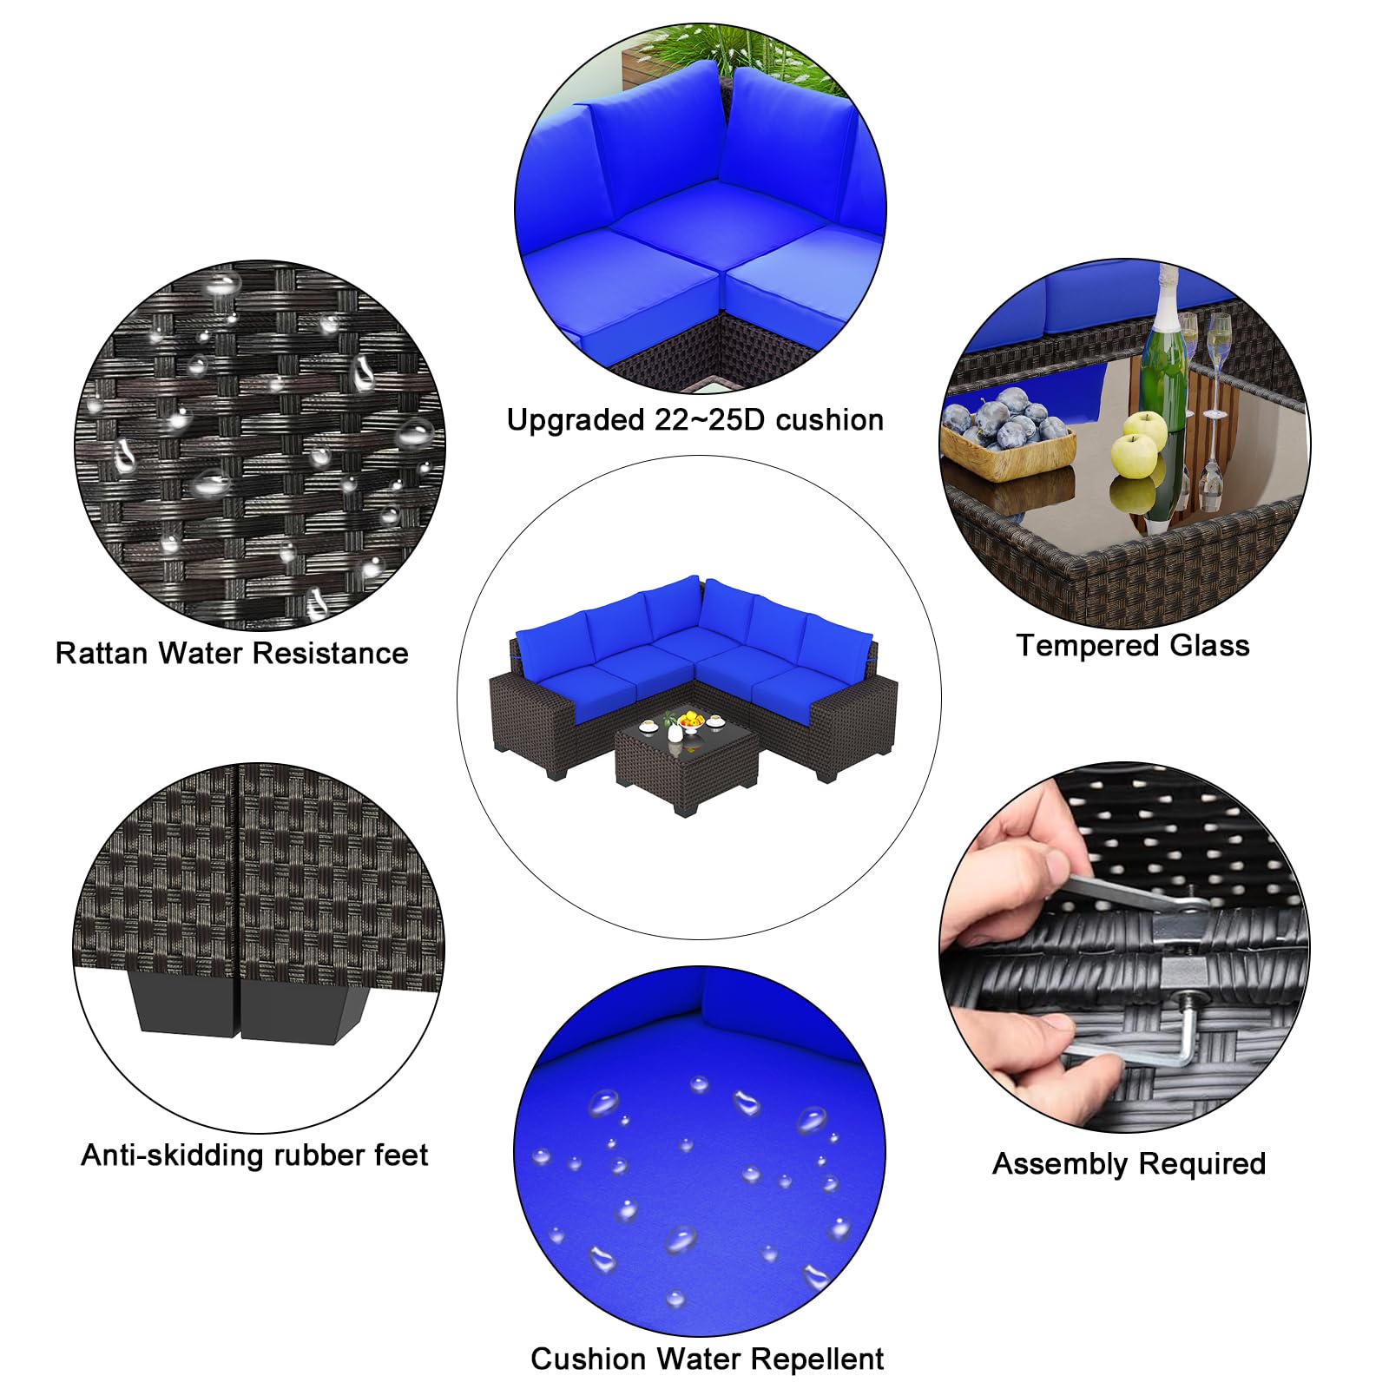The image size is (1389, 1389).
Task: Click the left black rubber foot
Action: (183, 1004)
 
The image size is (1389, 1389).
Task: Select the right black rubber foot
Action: (300, 1005)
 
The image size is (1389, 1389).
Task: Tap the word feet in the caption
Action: (401, 1155)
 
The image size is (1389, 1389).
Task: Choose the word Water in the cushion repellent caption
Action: (688, 1359)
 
